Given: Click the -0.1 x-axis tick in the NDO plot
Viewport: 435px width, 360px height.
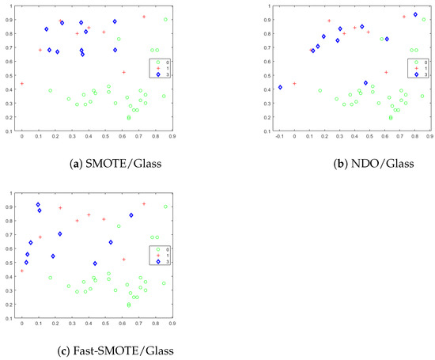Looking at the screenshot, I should click(279, 136).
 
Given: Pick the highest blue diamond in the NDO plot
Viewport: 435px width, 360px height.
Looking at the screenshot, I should click(415, 14).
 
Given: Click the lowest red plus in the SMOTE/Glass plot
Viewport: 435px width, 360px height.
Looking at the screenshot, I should click(22, 83).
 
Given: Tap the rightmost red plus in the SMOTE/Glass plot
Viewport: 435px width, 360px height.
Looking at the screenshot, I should click(144, 17).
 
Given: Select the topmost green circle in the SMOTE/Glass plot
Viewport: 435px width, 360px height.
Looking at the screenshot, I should click(165, 19).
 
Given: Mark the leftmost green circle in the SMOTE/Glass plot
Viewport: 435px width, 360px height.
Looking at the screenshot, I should click(51, 90).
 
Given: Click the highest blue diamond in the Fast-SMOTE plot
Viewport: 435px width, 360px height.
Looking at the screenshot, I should click(38, 205).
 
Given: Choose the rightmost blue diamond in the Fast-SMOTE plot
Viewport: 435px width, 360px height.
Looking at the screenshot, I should click(131, 215).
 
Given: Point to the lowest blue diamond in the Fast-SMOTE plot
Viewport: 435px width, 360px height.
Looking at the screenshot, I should click(95, 263).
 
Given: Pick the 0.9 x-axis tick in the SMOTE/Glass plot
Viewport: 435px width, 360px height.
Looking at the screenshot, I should click(172, 136).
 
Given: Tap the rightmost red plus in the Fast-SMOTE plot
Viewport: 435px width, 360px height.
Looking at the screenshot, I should click(144, 204).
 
